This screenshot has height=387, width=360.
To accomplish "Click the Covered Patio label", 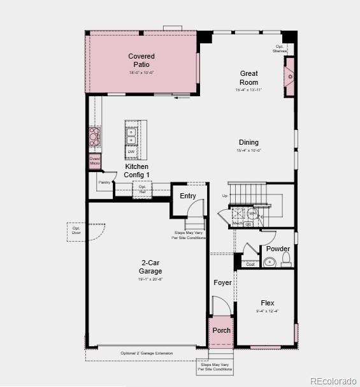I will (x=141, y=61).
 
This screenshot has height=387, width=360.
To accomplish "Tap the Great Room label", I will (x=248, y=78).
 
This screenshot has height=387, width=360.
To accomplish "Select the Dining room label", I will (x=248, y=142).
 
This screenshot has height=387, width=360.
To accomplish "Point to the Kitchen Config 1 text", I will (x=136, y=171).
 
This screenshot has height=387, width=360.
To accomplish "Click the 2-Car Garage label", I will (x=150, y=267).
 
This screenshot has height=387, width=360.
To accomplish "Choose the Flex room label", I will (x=268, y=303).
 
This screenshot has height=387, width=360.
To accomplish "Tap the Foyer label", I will (x=222, y=282).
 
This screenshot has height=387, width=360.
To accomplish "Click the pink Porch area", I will (x=221, y=330).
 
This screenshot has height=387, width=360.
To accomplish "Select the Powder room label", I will (x=278, y=249).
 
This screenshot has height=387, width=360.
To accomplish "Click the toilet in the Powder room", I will (x=286, y=259).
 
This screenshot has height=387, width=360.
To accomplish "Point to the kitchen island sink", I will (x=131, y=136).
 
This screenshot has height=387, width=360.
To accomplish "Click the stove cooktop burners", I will (x=94, y=136).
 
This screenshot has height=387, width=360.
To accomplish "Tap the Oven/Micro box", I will (x=94, y=161).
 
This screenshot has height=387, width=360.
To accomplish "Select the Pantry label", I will (x=104, y=182).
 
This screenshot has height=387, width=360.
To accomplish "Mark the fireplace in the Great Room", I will (x=289, y=77).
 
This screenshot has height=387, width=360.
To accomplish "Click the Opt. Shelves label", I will (x=280, y=48).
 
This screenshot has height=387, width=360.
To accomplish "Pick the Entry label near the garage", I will (x=187, y=196).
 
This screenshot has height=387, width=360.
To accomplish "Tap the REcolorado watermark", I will (x=333, y=381).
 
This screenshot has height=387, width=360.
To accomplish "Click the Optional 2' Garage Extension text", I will (x=147, y=353).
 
